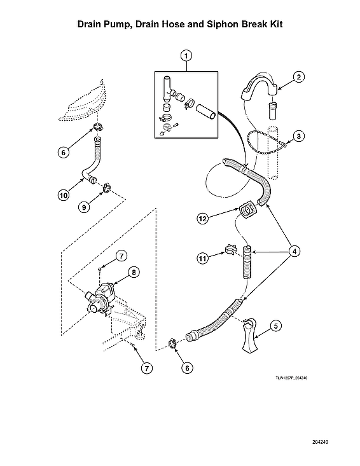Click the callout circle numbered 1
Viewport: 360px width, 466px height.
click(x=186, y=56)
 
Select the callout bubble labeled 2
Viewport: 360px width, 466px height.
click(x=300, y=77)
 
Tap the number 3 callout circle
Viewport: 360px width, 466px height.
click(x=300, y=136)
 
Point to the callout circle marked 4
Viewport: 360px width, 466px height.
click(x=294, y=250)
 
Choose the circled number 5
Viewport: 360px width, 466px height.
click(x=275, y=326)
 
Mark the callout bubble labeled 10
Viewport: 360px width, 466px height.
click(x=63, y=196)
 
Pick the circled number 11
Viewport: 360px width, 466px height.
click(x=203, y=259)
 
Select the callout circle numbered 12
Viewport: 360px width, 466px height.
click(x=203, y=219)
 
